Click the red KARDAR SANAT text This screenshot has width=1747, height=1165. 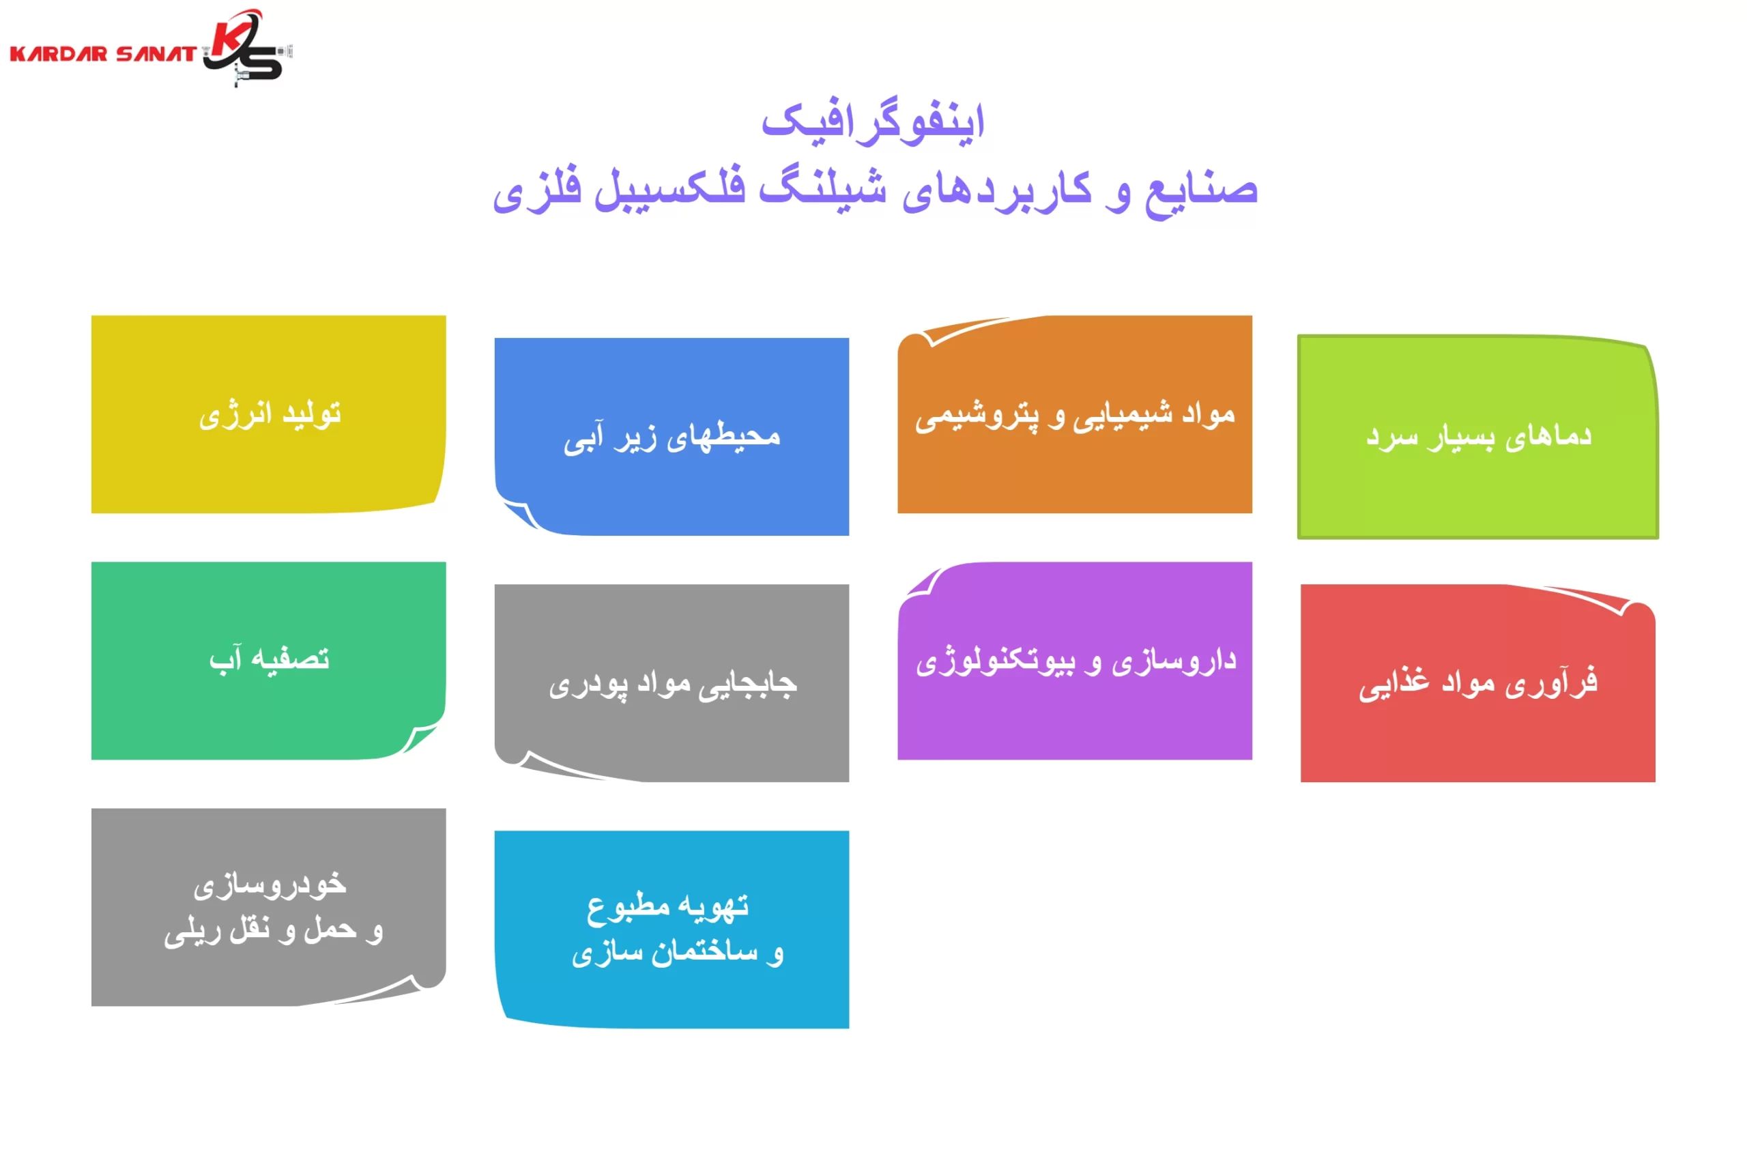(x=102, y=54)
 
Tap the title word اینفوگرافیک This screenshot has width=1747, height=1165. (x=873, y=120)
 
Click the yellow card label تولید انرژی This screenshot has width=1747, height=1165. (x=270, y=414)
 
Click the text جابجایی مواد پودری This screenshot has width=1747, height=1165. (x=672, y=684)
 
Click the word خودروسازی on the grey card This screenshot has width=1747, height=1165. (x=270, y=884)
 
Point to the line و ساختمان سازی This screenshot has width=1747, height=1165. (x=678, y=953)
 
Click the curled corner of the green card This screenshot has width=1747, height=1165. (x=420, y=738)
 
